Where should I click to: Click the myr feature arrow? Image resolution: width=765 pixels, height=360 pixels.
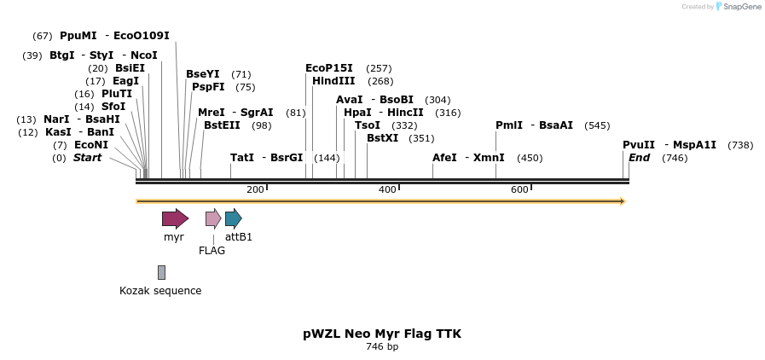pos(175,218)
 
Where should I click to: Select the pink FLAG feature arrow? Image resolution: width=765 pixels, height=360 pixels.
pos(213,218)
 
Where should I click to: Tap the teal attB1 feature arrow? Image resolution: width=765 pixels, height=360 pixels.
pos(233,218)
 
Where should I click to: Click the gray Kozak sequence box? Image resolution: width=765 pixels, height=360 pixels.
pos(161,272)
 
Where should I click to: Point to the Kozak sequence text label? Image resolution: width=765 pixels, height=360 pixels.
pos(160,291)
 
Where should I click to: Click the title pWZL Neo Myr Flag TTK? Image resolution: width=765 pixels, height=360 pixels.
pos(382,334)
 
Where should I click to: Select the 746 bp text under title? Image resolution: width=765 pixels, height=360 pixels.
pos(382,347)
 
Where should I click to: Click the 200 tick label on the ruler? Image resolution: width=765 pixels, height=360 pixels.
pos(255,189)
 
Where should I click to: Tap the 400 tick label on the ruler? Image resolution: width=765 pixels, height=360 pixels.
pos(387,189)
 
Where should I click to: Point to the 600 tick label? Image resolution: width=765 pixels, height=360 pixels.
pos(519,189)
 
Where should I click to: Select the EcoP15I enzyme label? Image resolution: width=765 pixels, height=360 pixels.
pos(329,68)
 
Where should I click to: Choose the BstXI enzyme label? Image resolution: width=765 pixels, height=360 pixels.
pos(382,138)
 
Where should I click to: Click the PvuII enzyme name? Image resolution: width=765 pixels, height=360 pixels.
pos(639,145)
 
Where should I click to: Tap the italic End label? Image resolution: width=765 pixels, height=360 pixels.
pos(639,158)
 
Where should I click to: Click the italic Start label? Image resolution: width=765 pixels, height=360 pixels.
pos(87,158)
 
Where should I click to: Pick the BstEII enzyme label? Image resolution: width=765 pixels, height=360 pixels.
pos(222,125)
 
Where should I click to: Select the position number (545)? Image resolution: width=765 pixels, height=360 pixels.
pos(597,125)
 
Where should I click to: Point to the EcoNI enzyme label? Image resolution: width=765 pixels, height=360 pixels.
pos(91,145)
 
